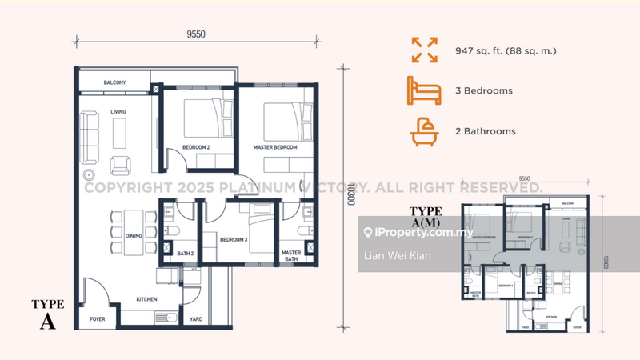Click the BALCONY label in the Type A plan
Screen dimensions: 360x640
tap(115, 82)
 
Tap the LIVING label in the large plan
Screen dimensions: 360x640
tap(118, 112)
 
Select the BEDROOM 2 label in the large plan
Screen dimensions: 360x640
tap(195, 148)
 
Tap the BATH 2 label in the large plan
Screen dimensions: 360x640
tap(186, 254)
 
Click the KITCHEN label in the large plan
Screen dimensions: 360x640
tap(146, 299)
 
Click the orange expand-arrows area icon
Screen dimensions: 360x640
tap(423, 51)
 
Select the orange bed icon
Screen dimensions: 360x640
tap(423, 91)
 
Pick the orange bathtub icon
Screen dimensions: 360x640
tap(423, 131)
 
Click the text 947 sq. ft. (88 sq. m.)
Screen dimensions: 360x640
tap(505, 51)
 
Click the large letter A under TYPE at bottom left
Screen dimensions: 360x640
tap(49, 322)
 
